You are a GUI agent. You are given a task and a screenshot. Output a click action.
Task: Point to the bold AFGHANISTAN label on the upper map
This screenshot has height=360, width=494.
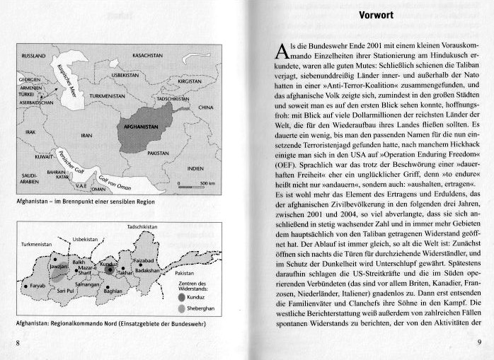[x=140, y=128]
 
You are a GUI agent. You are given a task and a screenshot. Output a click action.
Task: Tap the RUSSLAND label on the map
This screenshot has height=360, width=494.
[x=34, y=54]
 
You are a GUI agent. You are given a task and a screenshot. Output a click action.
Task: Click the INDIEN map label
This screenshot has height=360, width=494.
[x=195, y=169]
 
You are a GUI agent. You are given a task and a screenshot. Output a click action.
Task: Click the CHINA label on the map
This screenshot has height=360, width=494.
[x=205, y=108]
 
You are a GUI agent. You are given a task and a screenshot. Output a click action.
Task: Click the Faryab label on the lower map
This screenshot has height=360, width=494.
[x=38, y=286]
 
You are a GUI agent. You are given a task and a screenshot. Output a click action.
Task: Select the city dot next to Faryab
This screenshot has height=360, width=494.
[x=25, y=286]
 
